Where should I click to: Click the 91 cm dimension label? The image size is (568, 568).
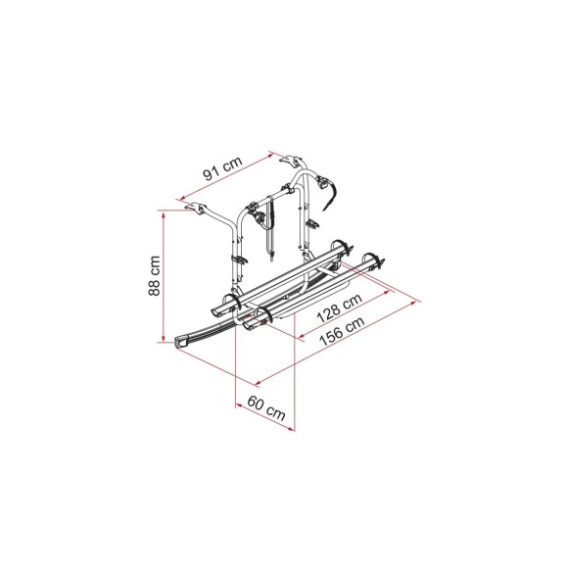click(222, 168)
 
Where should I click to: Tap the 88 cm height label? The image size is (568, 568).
click(155, 275)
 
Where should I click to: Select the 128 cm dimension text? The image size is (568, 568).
click(340, 308)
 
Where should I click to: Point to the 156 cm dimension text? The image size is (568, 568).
click(342, 331)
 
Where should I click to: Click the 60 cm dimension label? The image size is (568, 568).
click(266, 408)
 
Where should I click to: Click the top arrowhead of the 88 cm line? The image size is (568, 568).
click(164, 214)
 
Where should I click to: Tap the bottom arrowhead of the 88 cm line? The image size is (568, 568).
click(164, 338)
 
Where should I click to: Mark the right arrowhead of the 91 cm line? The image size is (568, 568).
click(270, 156)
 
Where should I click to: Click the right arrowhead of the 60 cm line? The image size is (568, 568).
click(291, 429)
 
